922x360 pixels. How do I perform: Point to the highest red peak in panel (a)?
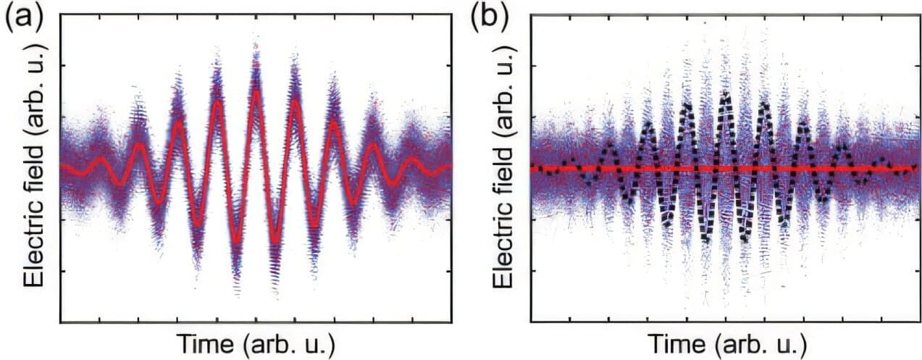pos(255,91)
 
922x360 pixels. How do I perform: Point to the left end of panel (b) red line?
pos(532,168)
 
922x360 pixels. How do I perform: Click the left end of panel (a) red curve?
pos(62,167)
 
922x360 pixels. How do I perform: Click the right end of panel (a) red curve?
pos(450,166)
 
